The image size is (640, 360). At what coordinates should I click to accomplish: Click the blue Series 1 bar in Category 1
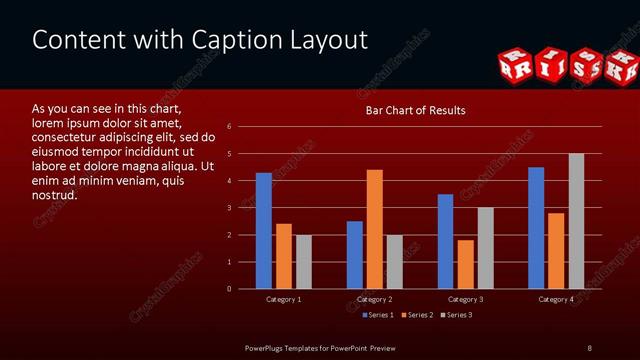264,231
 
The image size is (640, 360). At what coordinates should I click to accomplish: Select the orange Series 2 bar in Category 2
375,229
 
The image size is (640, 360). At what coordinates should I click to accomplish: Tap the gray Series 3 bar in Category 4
576,221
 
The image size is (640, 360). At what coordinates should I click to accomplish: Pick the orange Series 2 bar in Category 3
466,264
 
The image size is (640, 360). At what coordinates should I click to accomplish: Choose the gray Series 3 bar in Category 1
303,262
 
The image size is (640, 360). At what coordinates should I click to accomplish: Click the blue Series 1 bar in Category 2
355,255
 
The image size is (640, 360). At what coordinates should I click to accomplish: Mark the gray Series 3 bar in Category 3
486,248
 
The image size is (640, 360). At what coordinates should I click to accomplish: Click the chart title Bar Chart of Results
415,110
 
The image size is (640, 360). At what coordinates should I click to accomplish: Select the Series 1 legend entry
376,315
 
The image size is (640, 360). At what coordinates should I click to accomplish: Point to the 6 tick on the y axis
230,127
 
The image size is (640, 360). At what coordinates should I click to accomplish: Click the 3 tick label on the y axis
230,208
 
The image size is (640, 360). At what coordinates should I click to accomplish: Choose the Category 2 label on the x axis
374,299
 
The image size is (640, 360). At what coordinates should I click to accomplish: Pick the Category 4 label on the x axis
556,299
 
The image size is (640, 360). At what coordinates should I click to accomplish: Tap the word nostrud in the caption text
55,194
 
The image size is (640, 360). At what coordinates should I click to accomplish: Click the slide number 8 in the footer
589,347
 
